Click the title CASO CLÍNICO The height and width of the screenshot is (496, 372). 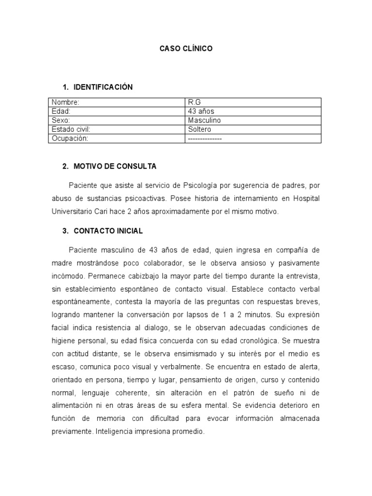coord(186,49)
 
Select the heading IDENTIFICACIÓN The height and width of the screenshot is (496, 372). coord(103,87)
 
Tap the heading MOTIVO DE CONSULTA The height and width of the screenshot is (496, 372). coord(115,166)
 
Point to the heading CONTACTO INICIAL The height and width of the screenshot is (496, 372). coord(108,231)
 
